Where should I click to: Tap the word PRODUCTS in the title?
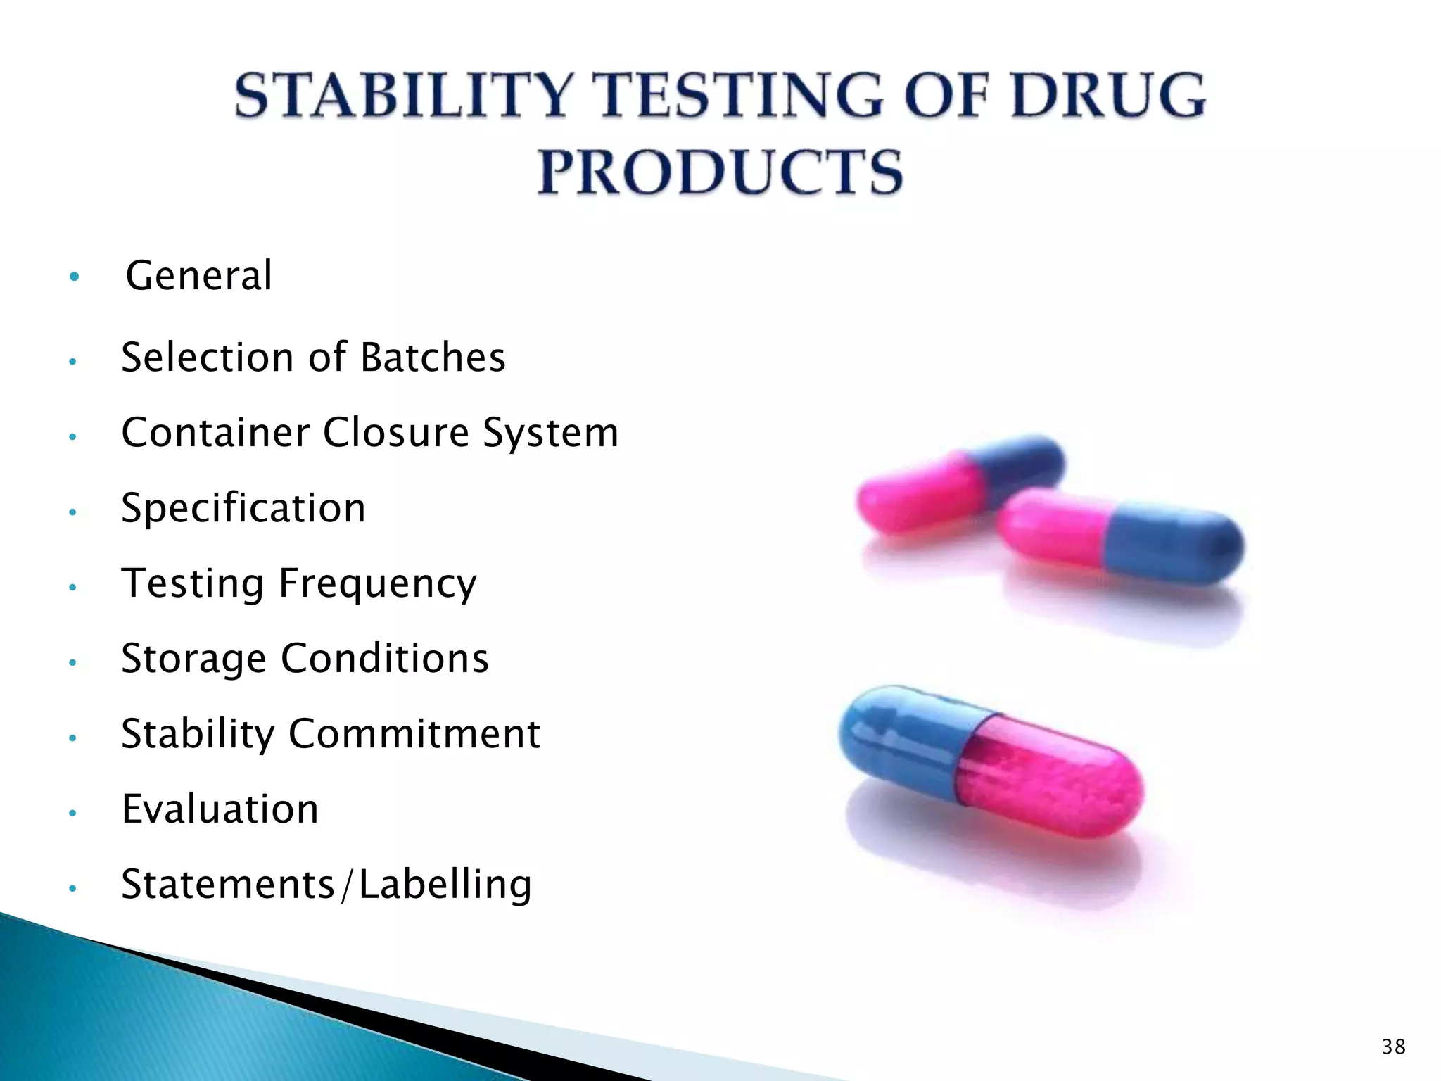[720, 172]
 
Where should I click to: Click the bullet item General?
[199, 275]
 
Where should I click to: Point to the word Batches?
[433, 358]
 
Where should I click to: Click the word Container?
[215, 432]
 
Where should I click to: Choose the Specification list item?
[243, 508]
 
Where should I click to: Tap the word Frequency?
[378, 584]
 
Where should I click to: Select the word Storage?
[193, 659]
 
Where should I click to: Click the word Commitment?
[414, 734]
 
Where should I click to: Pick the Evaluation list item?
[220, 809]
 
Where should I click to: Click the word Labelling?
[445, 885]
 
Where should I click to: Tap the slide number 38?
[1393, 1047]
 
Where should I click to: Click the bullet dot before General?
[74, 277]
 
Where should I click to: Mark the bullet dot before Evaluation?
[72, 814]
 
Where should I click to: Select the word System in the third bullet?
[550, 432]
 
